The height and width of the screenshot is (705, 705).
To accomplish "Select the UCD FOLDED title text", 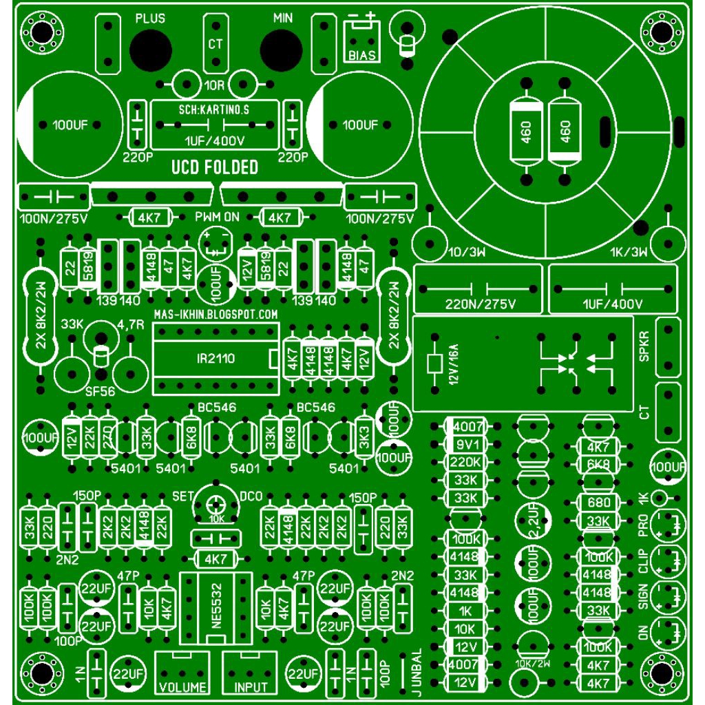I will coord(215,167).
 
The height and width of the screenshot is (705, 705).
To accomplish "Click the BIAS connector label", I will coord(362,56).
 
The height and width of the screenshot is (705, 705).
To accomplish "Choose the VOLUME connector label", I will coord(183,688).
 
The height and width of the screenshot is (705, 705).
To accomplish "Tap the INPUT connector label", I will coord(251,688).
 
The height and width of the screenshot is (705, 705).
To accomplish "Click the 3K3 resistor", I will coord(365,436).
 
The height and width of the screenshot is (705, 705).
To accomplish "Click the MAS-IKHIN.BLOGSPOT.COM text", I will coord(215,314).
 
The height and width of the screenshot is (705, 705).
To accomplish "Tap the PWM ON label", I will coord(217,218).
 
